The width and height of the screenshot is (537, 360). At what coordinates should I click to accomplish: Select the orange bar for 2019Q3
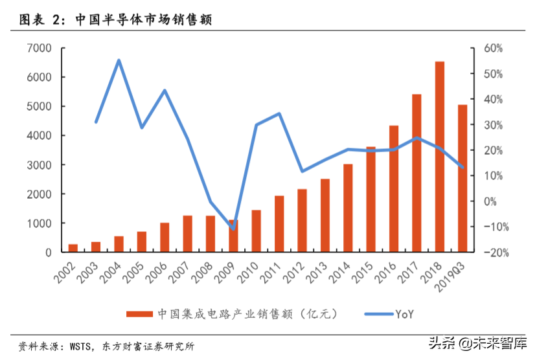462,178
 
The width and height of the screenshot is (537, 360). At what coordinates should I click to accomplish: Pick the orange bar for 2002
73,248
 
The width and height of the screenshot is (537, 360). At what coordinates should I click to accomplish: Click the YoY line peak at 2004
119,60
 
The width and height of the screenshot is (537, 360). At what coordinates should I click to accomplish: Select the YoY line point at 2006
165,90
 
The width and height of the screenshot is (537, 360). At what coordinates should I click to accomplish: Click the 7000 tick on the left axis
40,48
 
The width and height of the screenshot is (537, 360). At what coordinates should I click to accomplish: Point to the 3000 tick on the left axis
40,165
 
